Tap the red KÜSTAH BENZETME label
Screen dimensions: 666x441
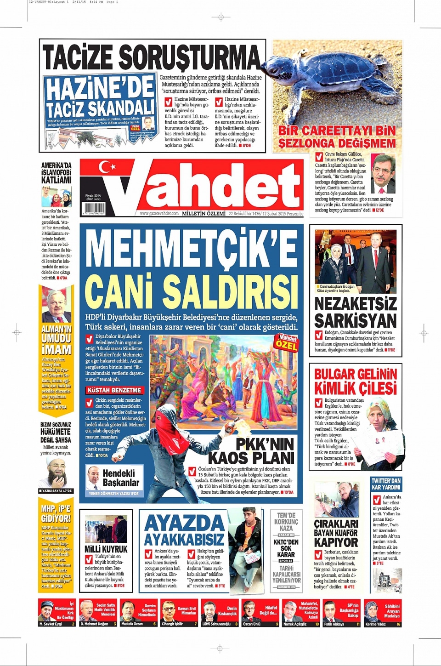point(114,390)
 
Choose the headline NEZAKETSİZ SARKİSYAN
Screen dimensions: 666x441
point(355,312)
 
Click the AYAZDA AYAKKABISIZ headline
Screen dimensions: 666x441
point(184,530)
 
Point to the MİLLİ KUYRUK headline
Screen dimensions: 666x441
point(106,549)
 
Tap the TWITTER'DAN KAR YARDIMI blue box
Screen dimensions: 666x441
point(386,484)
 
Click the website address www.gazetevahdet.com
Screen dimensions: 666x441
point(159,214)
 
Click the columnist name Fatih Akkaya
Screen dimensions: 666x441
point(334,624)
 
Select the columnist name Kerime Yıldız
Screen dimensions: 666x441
point(375,624)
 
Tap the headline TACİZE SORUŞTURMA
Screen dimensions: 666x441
point(152,57)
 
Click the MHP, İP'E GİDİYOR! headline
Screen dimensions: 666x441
point(56,513)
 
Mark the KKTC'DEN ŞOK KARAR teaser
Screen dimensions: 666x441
point(286,548)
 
